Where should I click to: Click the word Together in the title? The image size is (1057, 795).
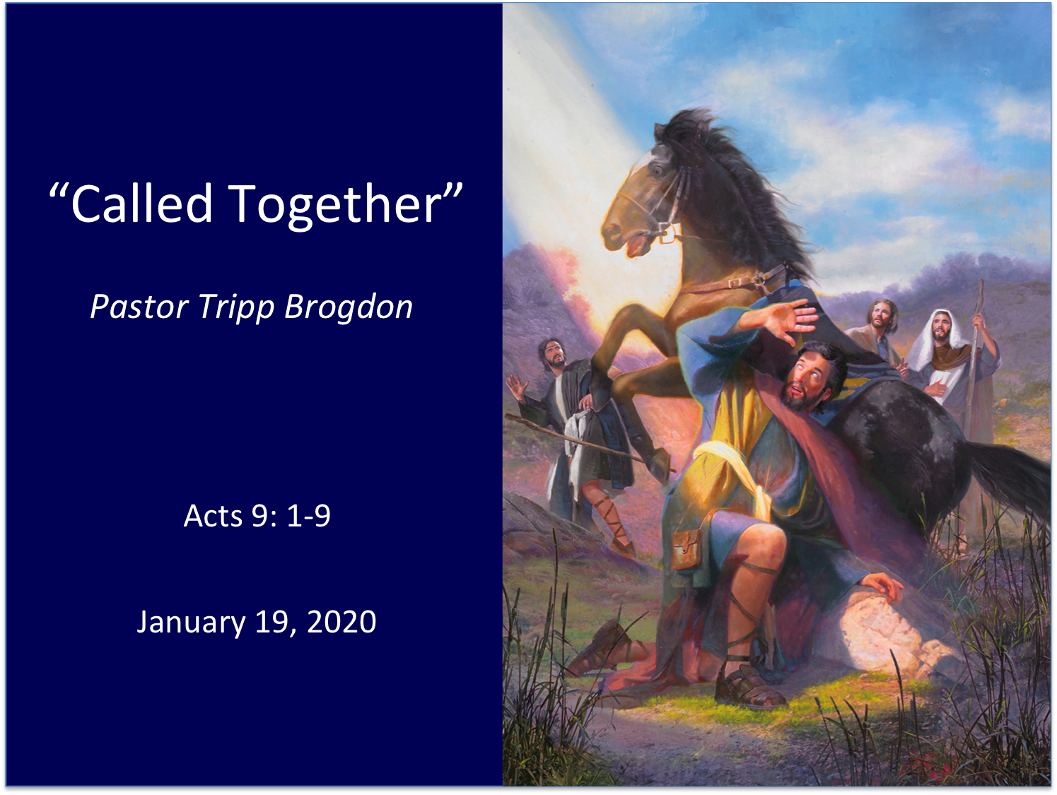point(335,206)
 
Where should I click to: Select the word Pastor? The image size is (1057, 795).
point(140,307)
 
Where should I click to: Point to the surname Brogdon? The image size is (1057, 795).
point(349,307)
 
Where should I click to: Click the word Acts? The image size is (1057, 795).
point(213,517)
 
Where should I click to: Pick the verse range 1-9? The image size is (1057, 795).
point(309,517)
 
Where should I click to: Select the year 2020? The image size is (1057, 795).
point(341,622)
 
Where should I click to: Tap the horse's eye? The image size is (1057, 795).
point(656,170)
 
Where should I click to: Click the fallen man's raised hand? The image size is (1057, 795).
point(786,320)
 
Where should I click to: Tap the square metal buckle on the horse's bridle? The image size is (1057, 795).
point(670,233)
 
